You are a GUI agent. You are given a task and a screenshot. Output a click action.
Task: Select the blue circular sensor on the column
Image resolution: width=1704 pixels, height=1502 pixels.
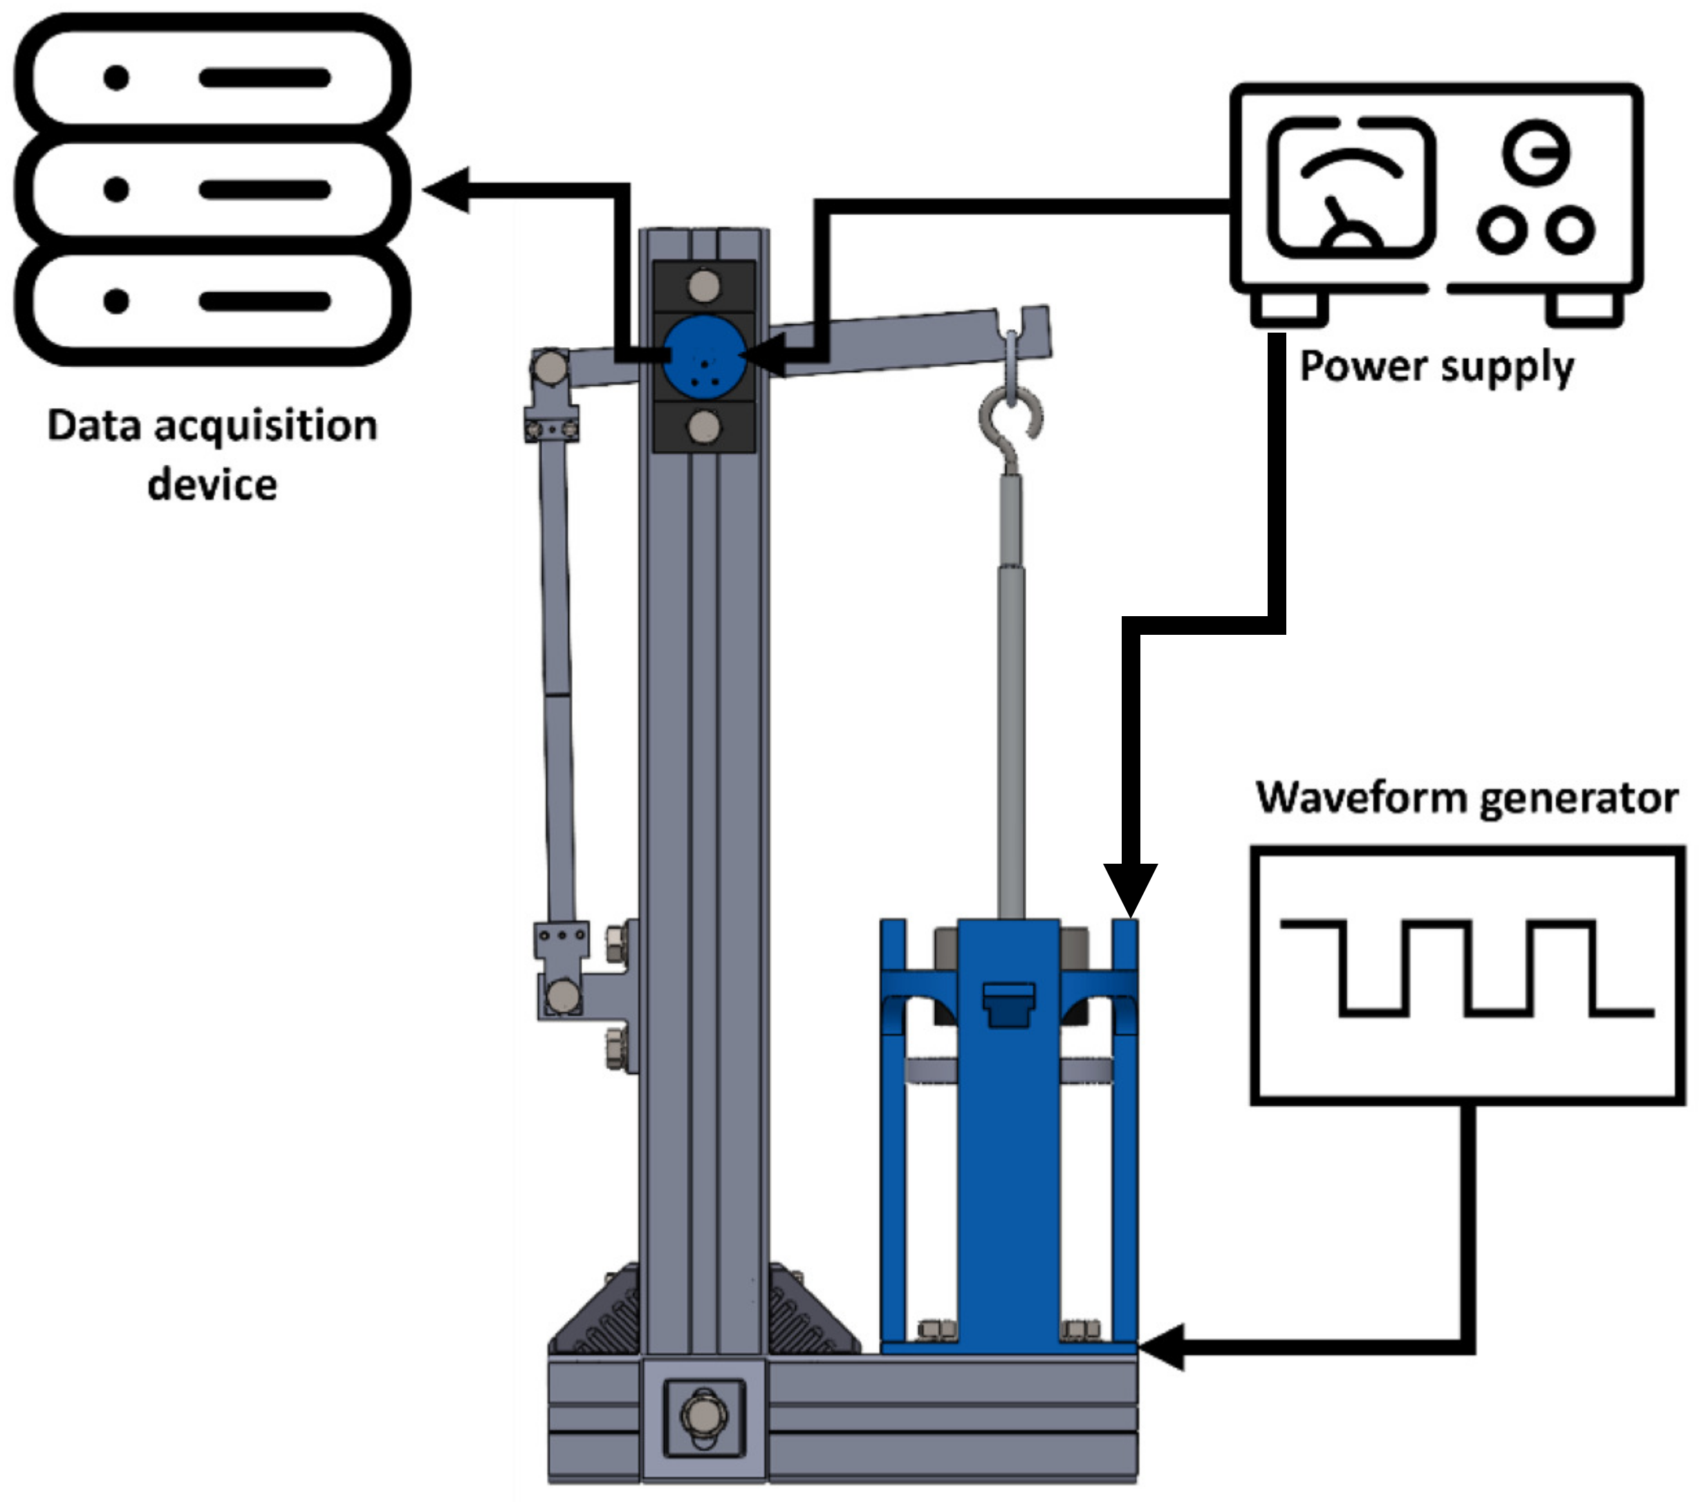(x=705, y=356)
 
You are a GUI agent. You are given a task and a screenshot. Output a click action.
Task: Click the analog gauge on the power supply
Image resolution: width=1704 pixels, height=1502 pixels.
(x=1351, y=187)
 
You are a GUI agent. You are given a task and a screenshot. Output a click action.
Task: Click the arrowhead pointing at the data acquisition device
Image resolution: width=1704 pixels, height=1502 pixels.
(x=446, y=189)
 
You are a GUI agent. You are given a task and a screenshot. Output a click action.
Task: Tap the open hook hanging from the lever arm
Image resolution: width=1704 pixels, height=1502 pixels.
(x=1010, y=417)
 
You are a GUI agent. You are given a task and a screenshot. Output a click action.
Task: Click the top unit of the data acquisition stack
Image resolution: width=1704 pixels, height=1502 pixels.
(x=212, y=77)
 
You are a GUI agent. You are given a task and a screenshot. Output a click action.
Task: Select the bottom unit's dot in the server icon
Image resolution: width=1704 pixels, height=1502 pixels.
(x=117, y=300)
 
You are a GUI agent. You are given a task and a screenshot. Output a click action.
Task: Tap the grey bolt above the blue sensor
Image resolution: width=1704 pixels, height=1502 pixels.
(x=705, y=285)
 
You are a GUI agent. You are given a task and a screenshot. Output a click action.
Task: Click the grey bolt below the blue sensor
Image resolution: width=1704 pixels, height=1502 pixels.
(x=705, y=427)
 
